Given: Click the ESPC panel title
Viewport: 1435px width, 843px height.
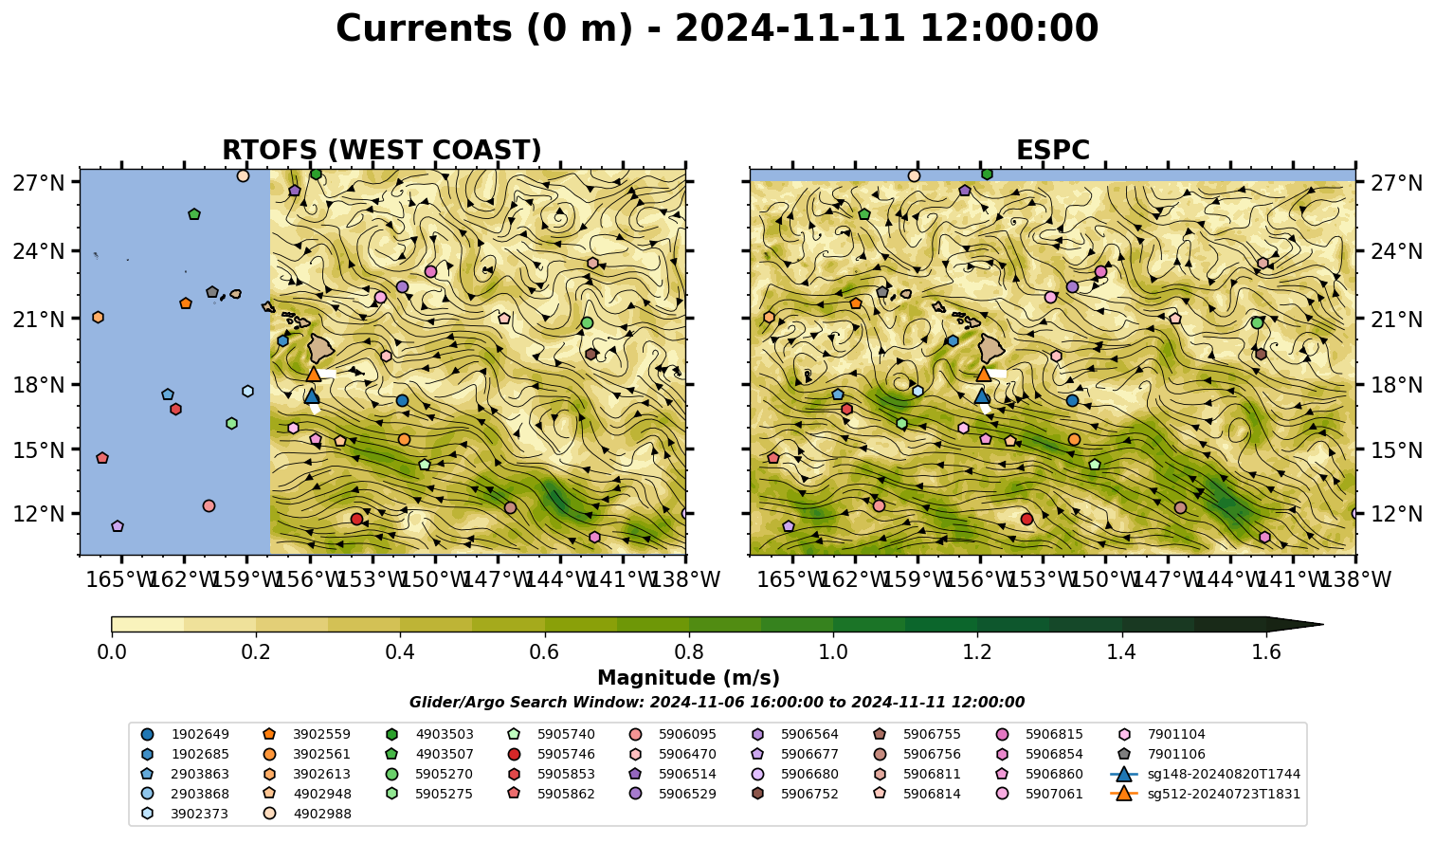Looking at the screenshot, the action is pos(1052,150).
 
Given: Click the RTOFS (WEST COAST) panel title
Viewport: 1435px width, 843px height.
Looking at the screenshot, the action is pos(382,150).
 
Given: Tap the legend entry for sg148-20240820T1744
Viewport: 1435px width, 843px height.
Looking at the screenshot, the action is pos(1205,774).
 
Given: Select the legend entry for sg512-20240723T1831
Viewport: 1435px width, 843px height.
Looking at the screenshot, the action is pos(1205,794).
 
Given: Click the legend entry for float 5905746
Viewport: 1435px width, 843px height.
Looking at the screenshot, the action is pos(554,754).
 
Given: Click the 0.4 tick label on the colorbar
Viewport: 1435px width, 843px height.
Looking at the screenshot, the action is pos(400,652).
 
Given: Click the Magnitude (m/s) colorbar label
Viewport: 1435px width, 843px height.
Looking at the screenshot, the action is pos(689,678).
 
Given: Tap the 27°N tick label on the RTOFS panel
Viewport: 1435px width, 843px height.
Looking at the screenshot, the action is pos(39,183).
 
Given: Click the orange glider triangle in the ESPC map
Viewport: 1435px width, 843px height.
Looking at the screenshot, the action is pos(983,375).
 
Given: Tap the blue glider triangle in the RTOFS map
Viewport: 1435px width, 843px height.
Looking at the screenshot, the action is pos(312,396).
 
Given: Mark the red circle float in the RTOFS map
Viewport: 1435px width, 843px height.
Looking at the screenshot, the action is pos(356,519).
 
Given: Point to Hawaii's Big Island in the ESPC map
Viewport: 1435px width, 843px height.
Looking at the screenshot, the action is pos(991,348).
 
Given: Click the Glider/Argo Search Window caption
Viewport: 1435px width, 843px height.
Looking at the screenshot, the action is pos(717,702).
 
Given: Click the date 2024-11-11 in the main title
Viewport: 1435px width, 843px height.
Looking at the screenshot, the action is pos(790,28).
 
